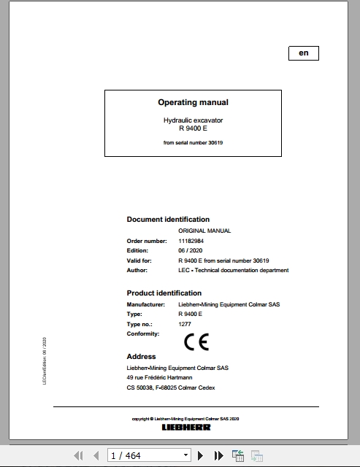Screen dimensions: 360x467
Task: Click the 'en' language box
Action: tap(303, 53)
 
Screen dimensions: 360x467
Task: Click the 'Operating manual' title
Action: tap(193, 103)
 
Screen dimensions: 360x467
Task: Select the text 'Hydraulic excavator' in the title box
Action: tap(193, 119)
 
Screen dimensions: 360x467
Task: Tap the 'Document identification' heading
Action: tap(168, 219)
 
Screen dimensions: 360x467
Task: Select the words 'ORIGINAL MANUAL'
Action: tap(204, 231)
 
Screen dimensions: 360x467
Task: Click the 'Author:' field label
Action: tap(137, 270)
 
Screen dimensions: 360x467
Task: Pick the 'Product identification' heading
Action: tap(164, 293)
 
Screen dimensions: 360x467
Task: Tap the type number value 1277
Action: tap(185, 323)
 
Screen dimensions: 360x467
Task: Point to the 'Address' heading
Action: tap(141, 357)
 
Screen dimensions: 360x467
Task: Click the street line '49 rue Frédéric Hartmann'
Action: tap(159, 377)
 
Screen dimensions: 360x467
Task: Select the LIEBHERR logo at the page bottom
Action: tap(185, 427)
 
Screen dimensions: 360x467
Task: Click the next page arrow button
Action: tap(201, 456)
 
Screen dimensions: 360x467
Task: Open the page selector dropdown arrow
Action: tap(186, 456)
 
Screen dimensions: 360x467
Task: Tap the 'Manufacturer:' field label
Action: tap(145, 303)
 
